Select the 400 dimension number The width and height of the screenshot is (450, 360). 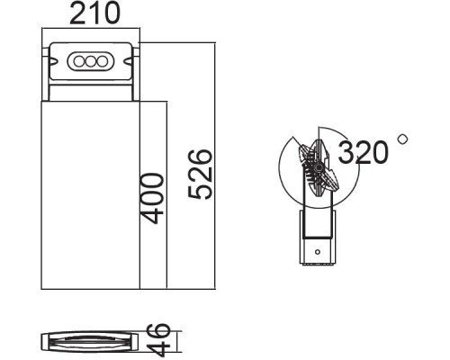coord(152,197)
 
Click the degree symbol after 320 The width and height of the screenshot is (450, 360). coord(401,139)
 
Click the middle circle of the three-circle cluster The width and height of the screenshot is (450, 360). coord(90,61)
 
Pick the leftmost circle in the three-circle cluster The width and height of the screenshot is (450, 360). coord(79,61)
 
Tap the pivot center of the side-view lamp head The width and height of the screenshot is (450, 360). coord(316,168)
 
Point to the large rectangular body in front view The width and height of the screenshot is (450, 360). coord(90,193)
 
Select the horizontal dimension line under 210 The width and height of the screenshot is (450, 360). coord(90,32)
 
